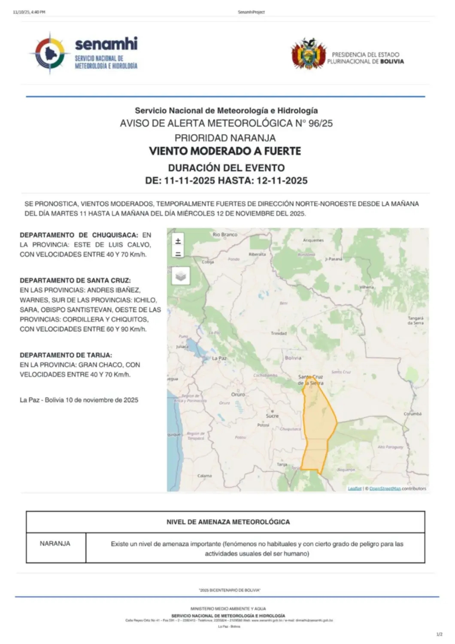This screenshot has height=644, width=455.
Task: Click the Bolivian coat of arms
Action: tap(308, 54)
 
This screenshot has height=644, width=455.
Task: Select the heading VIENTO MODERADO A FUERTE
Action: tap(225, 151)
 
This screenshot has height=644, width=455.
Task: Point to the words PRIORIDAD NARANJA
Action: tap(225, 138)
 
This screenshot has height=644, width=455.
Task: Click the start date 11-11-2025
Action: tap(189, 180)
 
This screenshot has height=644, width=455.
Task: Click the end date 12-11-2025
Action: tap(282, 180)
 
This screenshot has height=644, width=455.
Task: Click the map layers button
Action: tap(181, 276)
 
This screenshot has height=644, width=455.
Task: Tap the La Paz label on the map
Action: tap(219, 358)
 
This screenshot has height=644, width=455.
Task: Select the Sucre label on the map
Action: tap(272, 416)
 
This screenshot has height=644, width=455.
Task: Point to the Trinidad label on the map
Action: tap(279, 333)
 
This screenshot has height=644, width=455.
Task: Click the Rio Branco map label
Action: tap(225, 234)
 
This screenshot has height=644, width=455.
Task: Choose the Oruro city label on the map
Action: tap(238, 394)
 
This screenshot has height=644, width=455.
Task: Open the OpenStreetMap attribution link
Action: tap(385, 489)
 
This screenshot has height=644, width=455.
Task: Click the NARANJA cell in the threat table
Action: tap(55, 544)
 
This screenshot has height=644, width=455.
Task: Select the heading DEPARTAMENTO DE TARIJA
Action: tap(66, 355)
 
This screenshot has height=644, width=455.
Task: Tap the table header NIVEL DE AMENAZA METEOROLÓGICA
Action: tap(228, 522)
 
